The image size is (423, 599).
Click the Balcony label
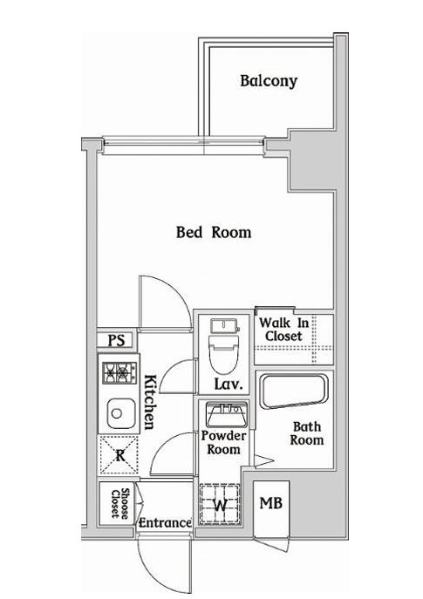pos(269,81)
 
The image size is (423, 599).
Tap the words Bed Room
pos(214,232)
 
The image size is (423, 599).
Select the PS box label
pos(117,340)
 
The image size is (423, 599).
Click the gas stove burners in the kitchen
pos(119,372)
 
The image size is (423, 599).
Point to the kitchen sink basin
pos(120,413)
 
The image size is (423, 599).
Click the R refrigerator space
pos(119,455)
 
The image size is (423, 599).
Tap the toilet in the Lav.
pos(224,346)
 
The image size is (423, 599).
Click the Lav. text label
pos(229,384)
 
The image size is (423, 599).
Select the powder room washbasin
pos(227,414)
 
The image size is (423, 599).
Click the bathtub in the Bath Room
pos(293,391)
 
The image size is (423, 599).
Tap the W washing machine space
pos(221,503)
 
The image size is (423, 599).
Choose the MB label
pos(271,503)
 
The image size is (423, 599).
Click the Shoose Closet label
pos(119,503)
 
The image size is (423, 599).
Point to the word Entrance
pos(165,522)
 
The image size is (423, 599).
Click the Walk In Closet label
pos(284,330)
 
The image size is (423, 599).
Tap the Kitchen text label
pos(150,402)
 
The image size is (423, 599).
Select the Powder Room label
pos(224,442)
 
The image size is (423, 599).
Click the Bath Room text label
pos(307,433)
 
